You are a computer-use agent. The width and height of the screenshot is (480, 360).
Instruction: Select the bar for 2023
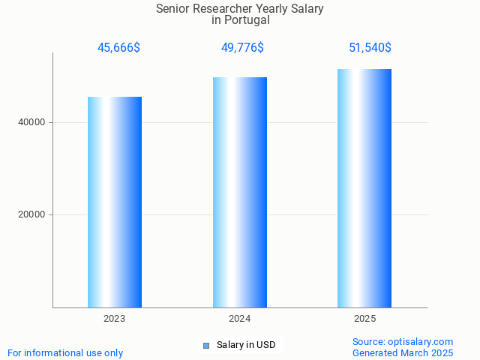click(x=115, y=202)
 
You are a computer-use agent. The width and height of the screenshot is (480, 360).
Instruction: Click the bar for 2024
click(x=240, y=192)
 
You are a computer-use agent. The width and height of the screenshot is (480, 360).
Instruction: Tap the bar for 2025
click(x=364, y=188)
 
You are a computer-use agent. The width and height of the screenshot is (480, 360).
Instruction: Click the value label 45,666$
click(x=118, y=48)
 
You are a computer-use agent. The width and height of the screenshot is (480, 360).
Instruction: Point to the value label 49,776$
click(x=242, y=48)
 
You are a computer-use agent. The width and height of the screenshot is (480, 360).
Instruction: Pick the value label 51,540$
click(x=370, y=48)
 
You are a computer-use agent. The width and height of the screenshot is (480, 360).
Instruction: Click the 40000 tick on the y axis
click(x=31, y=122)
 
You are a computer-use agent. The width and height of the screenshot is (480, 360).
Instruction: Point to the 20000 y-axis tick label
click(x=31, y=214)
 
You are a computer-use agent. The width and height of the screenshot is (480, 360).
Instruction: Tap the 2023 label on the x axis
click(x=115, y=319)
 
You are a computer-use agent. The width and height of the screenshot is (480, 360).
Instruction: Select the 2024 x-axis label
click(x=240, y=319)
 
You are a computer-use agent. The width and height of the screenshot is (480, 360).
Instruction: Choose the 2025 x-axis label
click(x=364, y=319)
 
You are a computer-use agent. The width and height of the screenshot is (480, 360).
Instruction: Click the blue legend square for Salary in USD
click(x=206, y=346)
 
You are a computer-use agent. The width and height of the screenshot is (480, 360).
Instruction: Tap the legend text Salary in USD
click(x=246, y=345)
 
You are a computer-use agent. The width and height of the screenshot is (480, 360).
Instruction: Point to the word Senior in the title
click(x=172, y=9)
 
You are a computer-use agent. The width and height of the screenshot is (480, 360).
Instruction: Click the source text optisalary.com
click(x=421, y=341)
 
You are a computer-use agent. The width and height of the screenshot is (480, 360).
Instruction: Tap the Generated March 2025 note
click(x=403, y=352)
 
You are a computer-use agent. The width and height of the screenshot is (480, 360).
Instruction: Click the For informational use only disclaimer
click(x=65, y=352)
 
